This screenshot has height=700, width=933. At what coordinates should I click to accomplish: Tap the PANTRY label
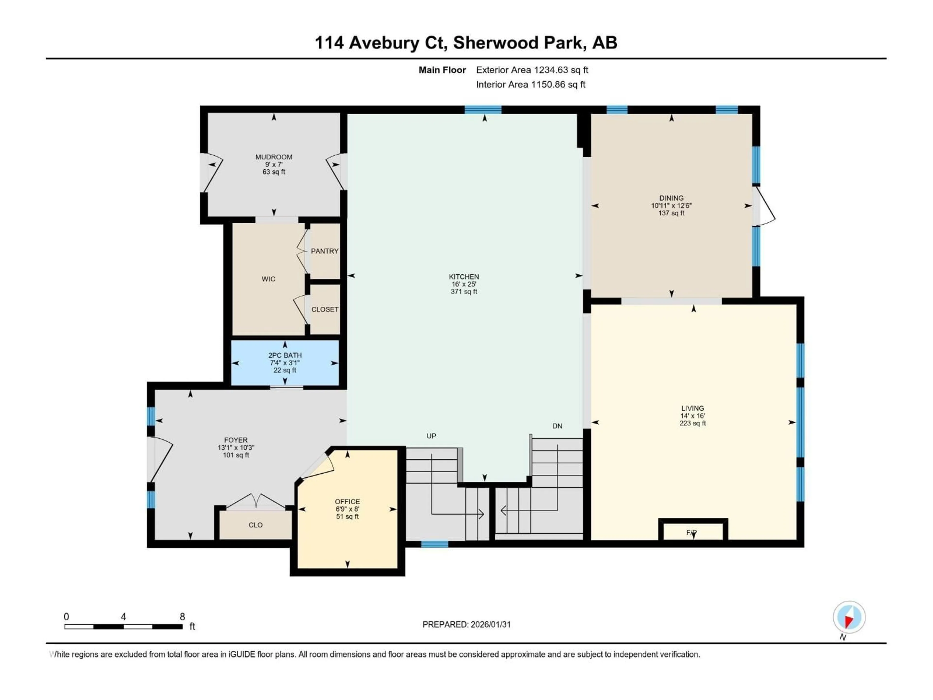tap(324, 251)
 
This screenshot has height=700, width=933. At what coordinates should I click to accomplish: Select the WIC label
tap(268, 279)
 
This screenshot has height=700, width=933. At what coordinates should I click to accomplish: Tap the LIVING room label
tap(692, 408)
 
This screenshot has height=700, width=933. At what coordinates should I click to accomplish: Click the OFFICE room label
tap(347, 502)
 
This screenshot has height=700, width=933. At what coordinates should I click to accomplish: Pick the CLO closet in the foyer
tap(255, 525)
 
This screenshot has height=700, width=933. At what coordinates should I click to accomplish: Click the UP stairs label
tap(431, 436)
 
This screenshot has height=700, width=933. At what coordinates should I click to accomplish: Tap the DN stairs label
tap(557, 426)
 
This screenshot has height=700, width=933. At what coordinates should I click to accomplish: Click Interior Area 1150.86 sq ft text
tap(531, 84)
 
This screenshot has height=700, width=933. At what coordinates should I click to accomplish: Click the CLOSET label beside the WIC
tap(324, 309)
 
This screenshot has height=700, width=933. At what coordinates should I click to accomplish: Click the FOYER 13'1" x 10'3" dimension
tap(236, 448)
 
